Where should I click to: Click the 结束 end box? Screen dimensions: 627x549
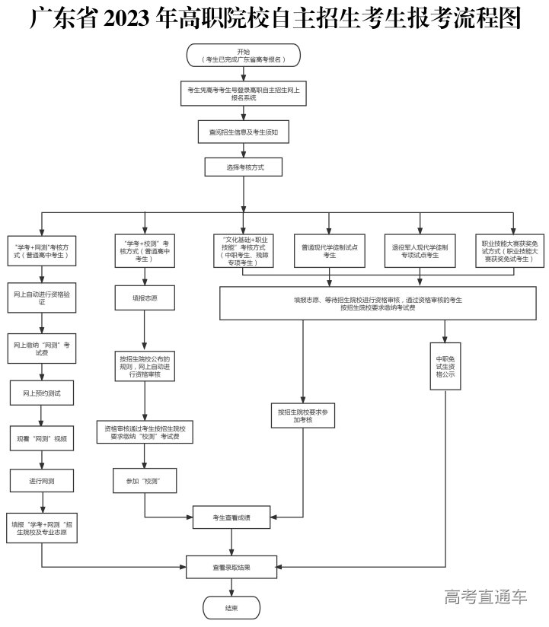click(231, 607)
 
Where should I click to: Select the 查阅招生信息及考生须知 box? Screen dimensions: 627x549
click(244, 132)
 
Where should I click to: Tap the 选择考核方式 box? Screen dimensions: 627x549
click(244, 167)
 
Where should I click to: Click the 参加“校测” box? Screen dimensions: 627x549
click(145, 481)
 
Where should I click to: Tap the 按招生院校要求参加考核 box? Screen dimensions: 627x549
click(303, 416)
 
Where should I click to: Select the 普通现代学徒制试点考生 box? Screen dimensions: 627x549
click(329, 251)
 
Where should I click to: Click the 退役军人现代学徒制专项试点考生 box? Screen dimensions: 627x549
click(420, 251)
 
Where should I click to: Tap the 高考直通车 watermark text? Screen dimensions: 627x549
click(485, 597)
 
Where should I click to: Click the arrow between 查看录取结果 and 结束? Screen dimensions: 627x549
click(231, 586)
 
